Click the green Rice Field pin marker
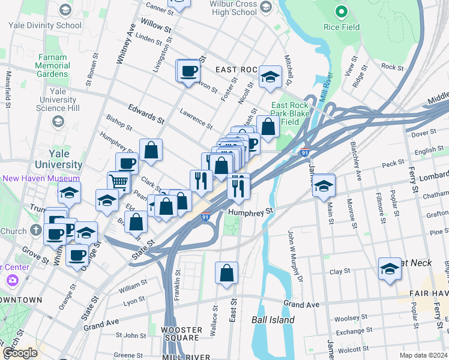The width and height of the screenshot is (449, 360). click(x=342, y=11)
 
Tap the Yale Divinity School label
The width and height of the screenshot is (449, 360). click(x=44, y=25)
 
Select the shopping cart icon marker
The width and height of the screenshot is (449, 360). click(x=118, y=181)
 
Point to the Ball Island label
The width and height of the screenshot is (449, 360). click(x=273, y=320)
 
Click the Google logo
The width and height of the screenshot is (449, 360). click(x=19, y=353)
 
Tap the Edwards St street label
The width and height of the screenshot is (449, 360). click(x=146, y=112)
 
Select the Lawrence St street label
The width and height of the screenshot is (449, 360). click(x=196, y=119)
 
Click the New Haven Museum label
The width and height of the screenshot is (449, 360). click(x=41, y=178)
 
